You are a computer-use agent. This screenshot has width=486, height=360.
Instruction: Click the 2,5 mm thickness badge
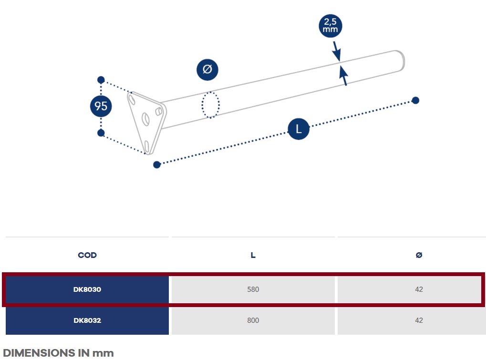tap(331, 26)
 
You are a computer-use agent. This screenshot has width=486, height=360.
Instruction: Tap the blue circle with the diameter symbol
tap(207, 70)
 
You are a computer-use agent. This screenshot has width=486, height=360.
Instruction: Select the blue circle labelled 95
tap(101, 106)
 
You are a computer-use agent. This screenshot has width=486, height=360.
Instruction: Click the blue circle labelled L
tap(299, 129)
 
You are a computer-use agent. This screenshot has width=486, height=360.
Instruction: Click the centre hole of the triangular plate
tap(145, 119)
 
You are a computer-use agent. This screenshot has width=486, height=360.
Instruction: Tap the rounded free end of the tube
tap(401, 61)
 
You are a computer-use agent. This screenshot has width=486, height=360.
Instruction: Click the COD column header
tap(87, 255)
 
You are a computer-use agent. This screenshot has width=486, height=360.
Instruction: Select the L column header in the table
tap(253, 255)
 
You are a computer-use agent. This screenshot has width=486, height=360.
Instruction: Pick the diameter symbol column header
tap(419, 255)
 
